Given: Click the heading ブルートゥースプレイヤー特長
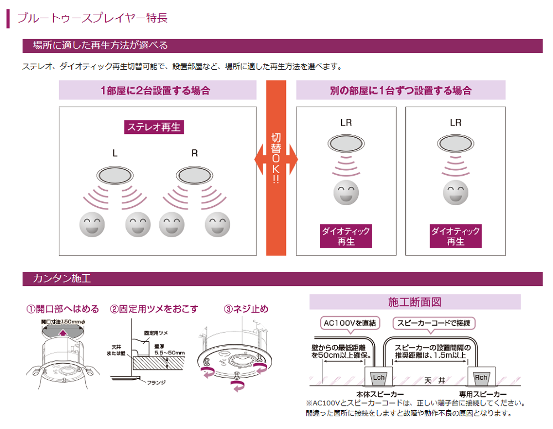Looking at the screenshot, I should (x=92, y=18).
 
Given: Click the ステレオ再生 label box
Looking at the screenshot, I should (x=154, y=127).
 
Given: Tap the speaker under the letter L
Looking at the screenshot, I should (x=115, y=176).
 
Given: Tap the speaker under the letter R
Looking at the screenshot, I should (x=195, y=176).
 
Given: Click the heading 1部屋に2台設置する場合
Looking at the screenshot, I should (x=158, y=90).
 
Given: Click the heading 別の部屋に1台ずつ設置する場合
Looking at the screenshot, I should (x=400, y=90).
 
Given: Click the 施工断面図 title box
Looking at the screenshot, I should (x=415, y=302).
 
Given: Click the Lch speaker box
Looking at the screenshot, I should (x=379, y=378).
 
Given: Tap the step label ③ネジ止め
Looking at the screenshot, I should (x=246, y=308).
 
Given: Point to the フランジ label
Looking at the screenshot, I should (x=156, y=382).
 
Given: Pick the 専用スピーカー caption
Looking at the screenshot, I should (x=483, y=394).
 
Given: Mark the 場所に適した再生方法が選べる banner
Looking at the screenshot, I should (x=100, y=45).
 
